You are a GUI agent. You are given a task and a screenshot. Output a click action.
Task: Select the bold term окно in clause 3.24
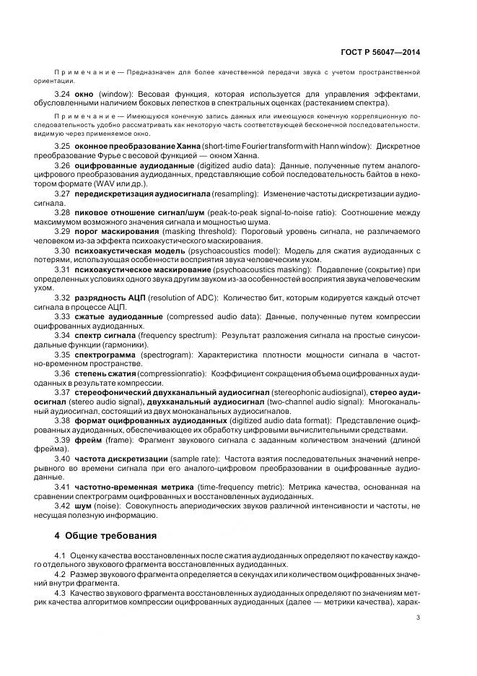coord(83,95)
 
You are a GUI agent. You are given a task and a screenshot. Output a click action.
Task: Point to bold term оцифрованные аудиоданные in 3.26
coord(128,165)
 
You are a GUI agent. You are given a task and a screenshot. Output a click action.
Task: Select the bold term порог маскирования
coord(117,231)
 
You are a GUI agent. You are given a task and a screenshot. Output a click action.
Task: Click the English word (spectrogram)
coord(165,355)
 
